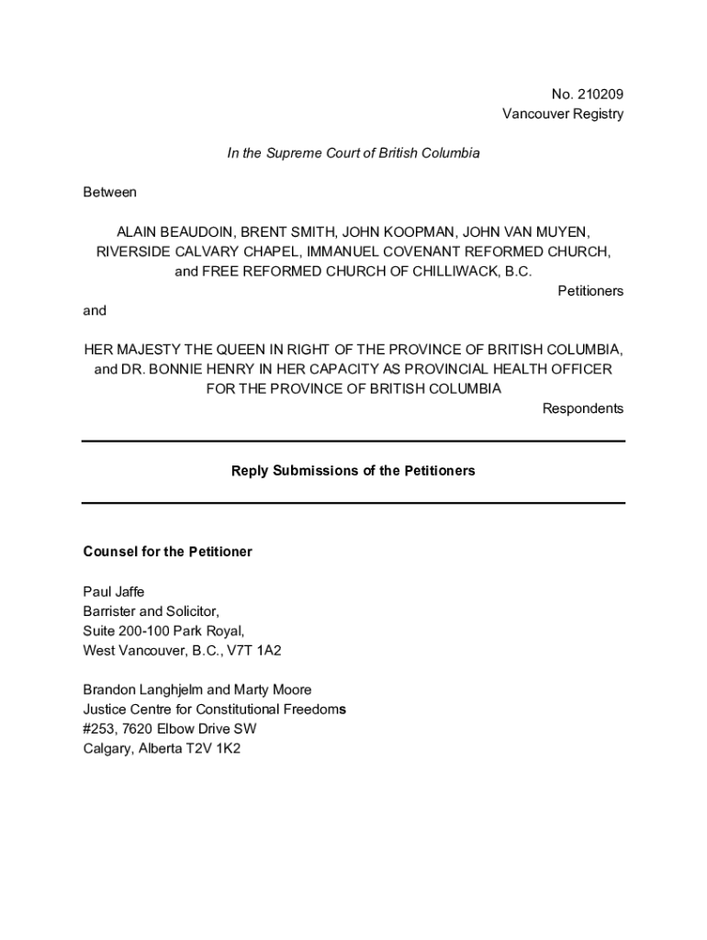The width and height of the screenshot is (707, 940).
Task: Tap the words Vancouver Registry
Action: tap(562, 114)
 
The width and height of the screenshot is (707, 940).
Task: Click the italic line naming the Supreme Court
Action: tap(353, 153)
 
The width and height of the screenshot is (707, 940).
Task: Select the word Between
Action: tap(109, 193)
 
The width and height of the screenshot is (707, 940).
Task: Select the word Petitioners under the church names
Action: tap(590, 291)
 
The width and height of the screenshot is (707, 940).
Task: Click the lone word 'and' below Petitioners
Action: tap(95, 310)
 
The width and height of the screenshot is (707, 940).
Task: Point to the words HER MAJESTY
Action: tap(135, 350)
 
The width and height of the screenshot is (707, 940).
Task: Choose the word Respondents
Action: tap(583, 408)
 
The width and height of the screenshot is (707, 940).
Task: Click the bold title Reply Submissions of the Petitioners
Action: tap(353, 471)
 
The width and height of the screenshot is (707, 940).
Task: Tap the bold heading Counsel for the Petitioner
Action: tap(168, 552)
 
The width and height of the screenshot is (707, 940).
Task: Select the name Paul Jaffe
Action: tap(114, 592)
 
